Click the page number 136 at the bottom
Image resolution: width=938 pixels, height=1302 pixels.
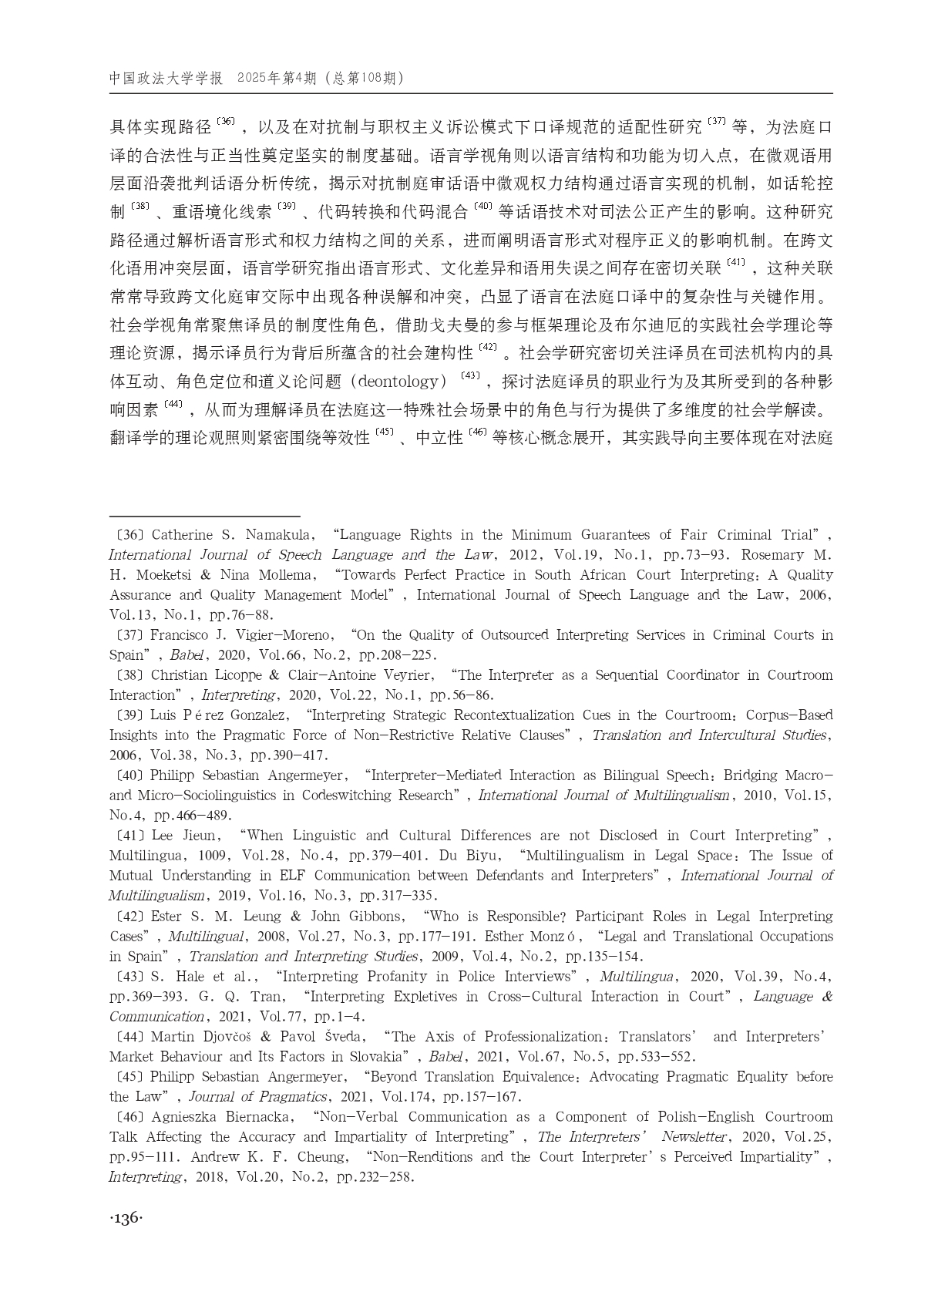tap(126, 1218)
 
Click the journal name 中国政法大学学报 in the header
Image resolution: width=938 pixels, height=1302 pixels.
tap(166, 79)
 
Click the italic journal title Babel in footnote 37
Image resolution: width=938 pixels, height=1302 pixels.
tap(185, 655)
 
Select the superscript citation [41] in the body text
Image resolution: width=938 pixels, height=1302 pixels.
tap(735, 264)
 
